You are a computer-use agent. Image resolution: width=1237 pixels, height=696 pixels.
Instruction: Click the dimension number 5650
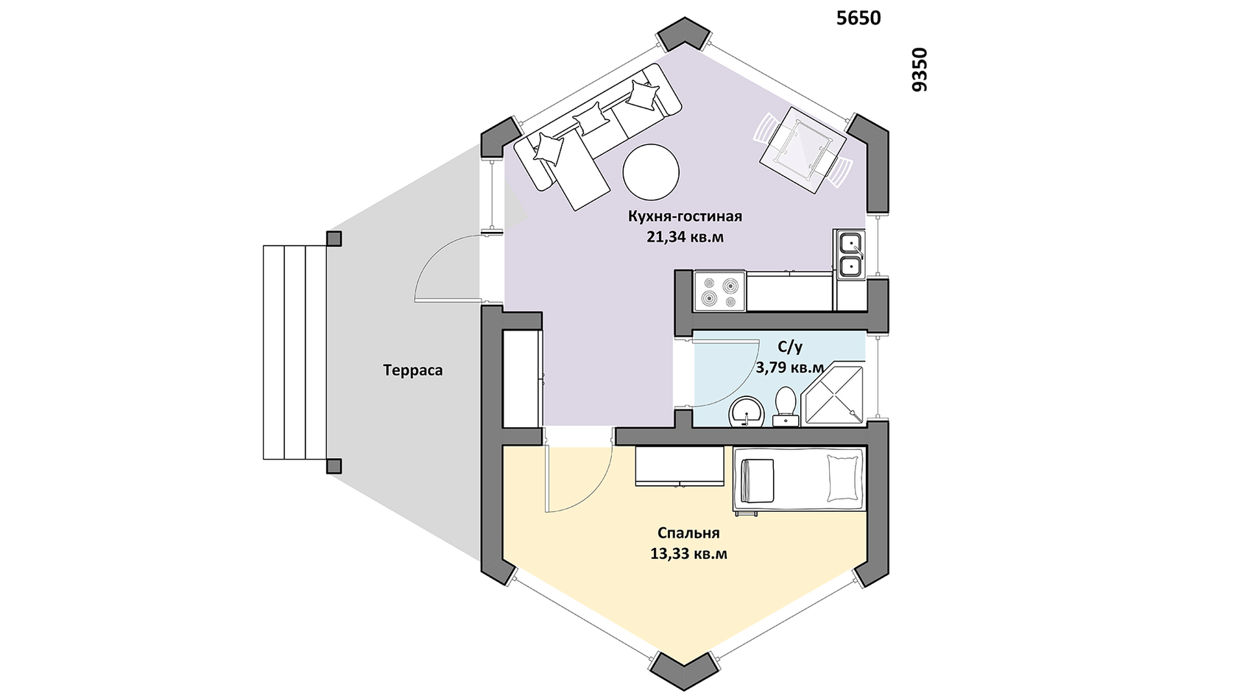click(x=859, y=18)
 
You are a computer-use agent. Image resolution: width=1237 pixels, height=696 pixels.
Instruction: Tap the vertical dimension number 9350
click(x=920, y=69)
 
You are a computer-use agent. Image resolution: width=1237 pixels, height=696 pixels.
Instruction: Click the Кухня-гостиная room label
click(x=685, y=216)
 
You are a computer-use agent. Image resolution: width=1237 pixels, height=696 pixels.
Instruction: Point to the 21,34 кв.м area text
click(x=685, y=237)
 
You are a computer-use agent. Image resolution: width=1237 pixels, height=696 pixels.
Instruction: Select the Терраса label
click(x=413, y=370)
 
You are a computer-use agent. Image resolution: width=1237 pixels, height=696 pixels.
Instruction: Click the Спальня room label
click(x=688, y=533)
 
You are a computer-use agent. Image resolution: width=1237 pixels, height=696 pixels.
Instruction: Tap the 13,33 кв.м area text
click(x=688, y=554)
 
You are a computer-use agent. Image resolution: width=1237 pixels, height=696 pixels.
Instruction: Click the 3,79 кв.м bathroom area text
click(x=790, y=368)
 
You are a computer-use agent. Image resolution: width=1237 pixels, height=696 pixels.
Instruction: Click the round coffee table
click(x=651, y=172)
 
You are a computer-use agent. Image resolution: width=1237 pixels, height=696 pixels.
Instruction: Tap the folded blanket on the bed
click(x=758, y=480)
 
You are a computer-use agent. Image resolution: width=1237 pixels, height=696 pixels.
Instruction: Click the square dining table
click(x=803, y=150)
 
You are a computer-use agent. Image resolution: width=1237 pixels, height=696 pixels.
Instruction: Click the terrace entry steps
click(x=295, y=352)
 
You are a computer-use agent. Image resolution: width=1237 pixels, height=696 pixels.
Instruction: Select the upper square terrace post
click(x=334, y=239)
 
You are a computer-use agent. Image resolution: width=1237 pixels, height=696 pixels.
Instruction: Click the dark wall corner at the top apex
click(x=684, y=34)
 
